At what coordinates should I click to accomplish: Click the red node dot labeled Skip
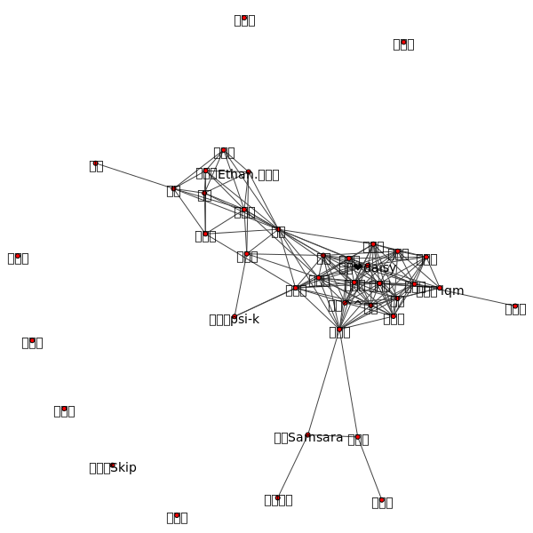(112, 465)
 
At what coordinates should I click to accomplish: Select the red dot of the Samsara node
(308, 434)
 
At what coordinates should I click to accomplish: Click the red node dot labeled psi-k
(234, 316)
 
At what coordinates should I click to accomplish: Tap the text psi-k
(245, 319)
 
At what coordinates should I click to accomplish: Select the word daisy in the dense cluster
(380, 267)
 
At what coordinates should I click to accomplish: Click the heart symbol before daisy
(357, 266)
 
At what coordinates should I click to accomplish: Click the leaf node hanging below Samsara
(278, 497)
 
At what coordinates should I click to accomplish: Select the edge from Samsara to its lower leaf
(293, 466)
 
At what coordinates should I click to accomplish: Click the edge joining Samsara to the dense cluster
(324, 382)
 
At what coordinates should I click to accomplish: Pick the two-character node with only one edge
(96, 163)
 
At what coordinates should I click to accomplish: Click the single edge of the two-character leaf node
(133, 176)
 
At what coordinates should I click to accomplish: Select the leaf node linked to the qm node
(515, 306)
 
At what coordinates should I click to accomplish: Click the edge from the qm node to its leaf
(478, 298)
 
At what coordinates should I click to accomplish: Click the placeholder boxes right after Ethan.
(266, 174)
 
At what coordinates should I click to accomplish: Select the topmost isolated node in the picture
(244, 18)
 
